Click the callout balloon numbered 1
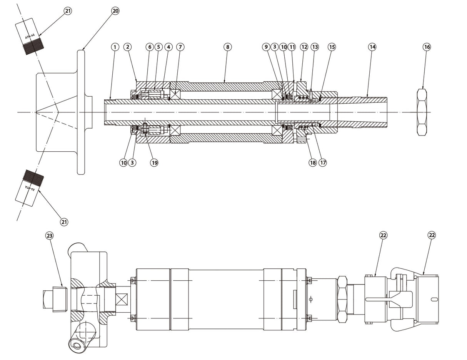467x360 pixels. [115, 47]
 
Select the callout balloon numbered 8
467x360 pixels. [227, 47]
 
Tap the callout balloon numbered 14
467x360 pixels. [372, 47]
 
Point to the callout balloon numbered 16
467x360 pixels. [427, 47]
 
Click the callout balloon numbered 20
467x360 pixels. [115, 11]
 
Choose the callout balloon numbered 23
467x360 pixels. [50, 235]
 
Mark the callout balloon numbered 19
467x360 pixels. [154, 162]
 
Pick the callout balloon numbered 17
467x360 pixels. [323, 162]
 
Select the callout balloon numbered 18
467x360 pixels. [313, 162]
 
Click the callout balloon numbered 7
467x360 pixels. [180, 47]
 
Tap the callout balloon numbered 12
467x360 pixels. [304, 47]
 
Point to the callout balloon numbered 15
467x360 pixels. [332, 47]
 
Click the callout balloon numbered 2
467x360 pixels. [128, 47]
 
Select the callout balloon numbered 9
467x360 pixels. [266, 47]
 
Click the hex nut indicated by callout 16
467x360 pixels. [422, 112]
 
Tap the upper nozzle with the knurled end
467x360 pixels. [30, 36]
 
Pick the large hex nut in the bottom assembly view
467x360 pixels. [342, 299]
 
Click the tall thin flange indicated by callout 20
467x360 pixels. [81, 112]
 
